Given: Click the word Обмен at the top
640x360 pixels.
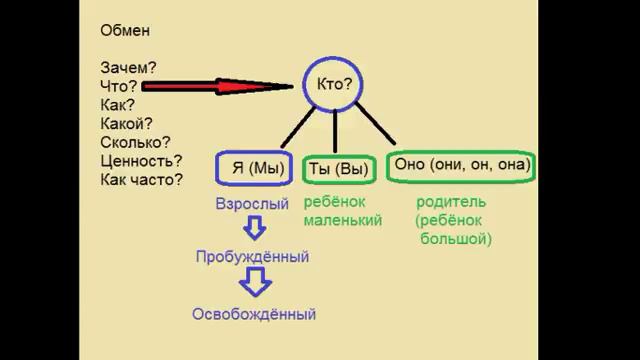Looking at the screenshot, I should coord(125,31).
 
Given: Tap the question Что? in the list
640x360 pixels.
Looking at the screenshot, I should coord(118,86).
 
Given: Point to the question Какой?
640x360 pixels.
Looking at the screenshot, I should coord(126,123).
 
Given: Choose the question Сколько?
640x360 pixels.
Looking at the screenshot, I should coord(134,142).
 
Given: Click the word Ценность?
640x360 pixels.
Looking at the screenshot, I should coord(141,161).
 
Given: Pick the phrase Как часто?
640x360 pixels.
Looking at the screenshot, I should coord(141,180).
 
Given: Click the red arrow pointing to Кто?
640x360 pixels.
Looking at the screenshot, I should coord(230,86).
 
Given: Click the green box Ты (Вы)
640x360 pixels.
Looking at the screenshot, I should coord(337,168).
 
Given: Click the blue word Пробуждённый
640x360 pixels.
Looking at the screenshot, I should coord(252,257).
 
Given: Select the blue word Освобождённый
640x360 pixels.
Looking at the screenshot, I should coord(254,314).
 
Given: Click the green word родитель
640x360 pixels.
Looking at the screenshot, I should coord(450,201).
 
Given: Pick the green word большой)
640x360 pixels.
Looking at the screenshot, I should coord(456,239).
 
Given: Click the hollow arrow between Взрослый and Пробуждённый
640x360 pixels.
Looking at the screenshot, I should coord(254,229).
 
